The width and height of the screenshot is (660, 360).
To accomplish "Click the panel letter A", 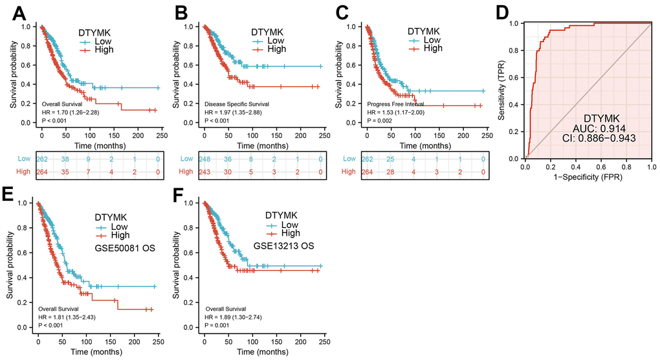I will (x=14, y=12).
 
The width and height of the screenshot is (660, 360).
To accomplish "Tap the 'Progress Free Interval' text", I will (x=395, y=104).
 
